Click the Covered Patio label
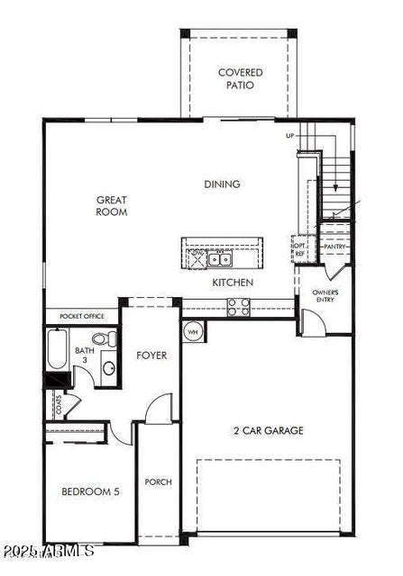(240, 79)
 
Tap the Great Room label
(113, 206)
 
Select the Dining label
(222, 184)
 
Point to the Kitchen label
(233, 283)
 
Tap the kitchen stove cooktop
(239, 307)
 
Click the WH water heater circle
(193, 331)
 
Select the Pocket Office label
(83, 317)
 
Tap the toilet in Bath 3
(110, 339)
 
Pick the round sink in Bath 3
(107, 367)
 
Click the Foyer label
(151, 355)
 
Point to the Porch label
(158, 481)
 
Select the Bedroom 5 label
(89, 491)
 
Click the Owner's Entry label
(325, 295)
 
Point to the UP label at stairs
(290, 136)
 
